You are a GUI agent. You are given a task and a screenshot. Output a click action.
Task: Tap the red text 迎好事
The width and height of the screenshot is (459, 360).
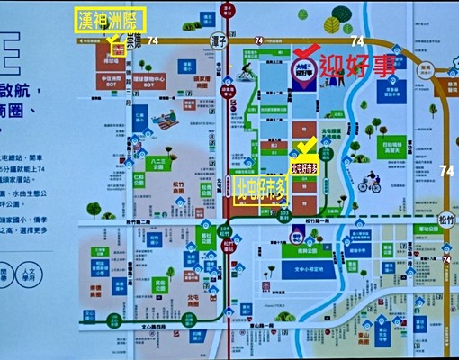(x=358, y=66)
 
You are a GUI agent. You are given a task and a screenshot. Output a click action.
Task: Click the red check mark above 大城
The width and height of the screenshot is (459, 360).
(x=306, y=50)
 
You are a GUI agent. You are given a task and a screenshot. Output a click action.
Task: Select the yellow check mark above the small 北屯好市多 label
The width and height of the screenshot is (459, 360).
(x=306, y=145)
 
